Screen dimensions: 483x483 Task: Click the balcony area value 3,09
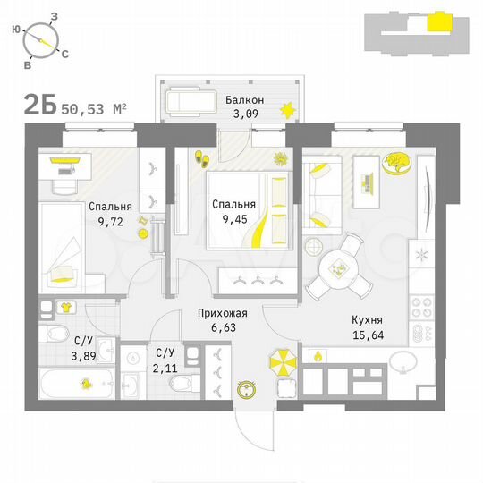point(244,114)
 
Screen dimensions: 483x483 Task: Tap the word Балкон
point(244,99)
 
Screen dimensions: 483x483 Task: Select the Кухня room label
point(367,318)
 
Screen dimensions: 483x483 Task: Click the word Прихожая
point(222,314)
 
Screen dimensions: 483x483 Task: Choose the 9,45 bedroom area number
point(233,217)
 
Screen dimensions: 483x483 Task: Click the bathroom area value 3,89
point(59,355)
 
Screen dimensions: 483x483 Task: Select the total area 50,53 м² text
point(94,110)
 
